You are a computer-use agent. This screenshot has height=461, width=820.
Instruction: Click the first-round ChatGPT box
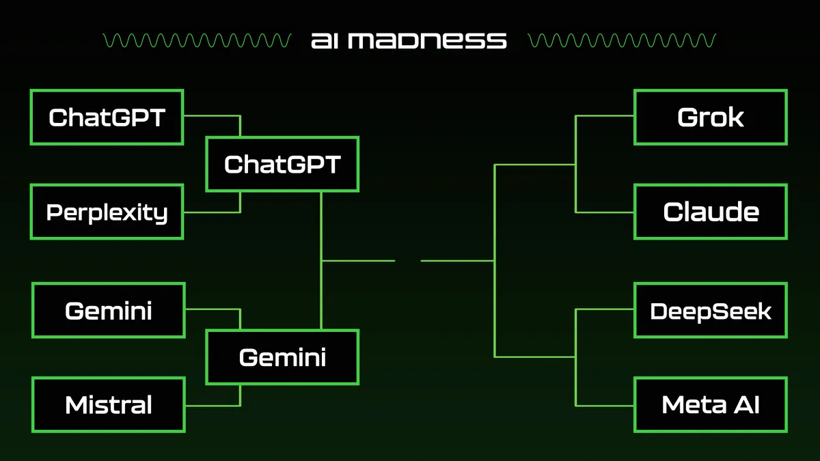[107, 117]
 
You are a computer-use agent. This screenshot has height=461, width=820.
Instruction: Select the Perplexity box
[107, 212]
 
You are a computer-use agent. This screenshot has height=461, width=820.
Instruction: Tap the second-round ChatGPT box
[282, 165]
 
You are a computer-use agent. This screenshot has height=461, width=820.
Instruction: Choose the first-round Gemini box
[109, 310]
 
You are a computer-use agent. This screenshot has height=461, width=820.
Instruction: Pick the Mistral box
[109, 405]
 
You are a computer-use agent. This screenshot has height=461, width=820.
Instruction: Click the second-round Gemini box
[282, 357]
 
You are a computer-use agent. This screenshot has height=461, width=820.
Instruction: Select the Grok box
[711, 117]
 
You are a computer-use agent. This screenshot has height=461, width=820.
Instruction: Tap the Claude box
[711, 212]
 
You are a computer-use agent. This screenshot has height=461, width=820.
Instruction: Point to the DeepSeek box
[711, 310]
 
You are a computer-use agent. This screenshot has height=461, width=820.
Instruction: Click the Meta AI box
[711, 405]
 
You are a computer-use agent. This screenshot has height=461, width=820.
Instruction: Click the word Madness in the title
[427, 40]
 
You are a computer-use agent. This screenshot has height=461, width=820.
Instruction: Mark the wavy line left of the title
[197, 40]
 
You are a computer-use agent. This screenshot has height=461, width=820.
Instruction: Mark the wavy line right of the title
[622, 40]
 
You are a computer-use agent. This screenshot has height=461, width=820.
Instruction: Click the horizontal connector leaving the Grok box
[604, 116]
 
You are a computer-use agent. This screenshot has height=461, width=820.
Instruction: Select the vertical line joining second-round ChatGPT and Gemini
[321, 260]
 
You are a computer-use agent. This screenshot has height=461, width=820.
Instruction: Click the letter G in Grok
[687, 117]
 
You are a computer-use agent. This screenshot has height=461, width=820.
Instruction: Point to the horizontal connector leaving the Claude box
[604, 212]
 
